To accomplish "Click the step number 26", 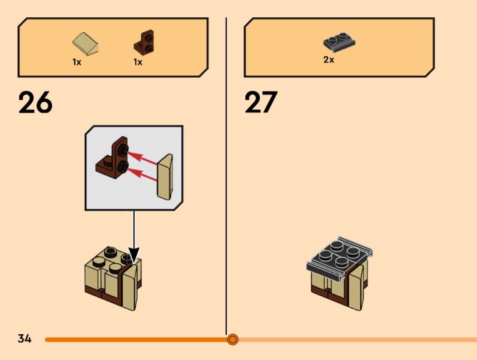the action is [x=35, y=103].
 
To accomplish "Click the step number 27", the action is [x=261, y=102].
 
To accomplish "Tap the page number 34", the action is [x=25, y=338].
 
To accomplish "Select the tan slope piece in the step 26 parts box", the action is [x=85, y=44].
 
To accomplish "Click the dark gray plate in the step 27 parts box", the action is [x=339, y=42].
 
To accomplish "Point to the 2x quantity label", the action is [x=328, y=60].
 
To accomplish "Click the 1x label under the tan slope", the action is [x=77, y=62].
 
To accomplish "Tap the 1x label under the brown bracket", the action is [x=138, y=62].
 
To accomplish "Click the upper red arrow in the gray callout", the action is [x=142, y=158].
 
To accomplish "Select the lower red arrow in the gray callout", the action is [x=142, y=174].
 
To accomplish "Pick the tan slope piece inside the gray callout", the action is [x=164, y=177].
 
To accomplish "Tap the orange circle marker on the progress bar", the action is [x=233, y=339].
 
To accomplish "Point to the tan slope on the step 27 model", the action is [x=356, y=287].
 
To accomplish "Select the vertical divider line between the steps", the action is [x=226, y=176].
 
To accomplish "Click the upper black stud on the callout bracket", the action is [x=124, y=149].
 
